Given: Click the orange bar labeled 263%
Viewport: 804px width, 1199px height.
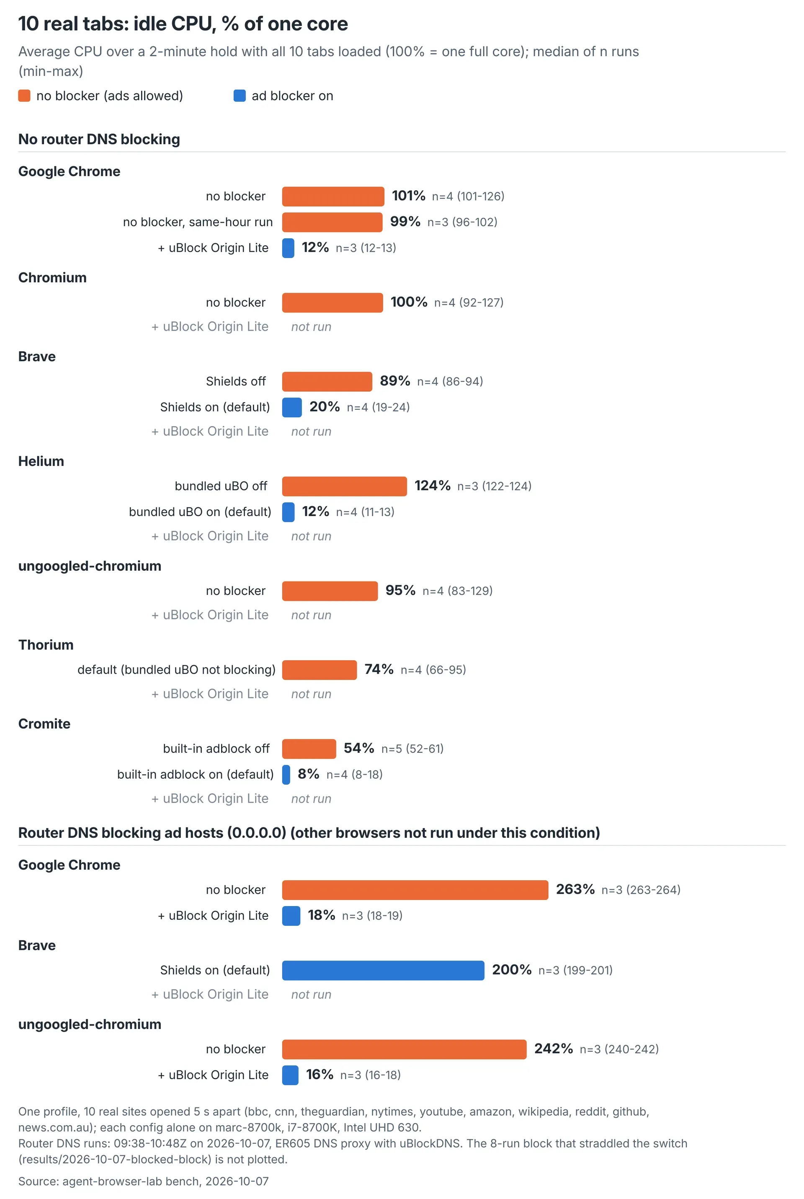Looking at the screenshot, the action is coord(415,890).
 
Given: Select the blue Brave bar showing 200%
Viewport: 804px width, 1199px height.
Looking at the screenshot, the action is coord(383,970).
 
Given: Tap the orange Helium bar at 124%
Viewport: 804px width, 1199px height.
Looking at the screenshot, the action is coord(345,486).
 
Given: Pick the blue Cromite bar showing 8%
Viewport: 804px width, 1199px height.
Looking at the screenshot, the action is coord(286,774).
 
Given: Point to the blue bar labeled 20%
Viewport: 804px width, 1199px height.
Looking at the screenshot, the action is coord(292,407).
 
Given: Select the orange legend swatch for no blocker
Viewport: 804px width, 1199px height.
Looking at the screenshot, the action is coord(24,96).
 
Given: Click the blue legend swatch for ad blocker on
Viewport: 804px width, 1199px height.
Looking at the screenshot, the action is coord(240,96).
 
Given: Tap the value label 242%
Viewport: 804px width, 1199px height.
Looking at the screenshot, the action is coord(553,1049).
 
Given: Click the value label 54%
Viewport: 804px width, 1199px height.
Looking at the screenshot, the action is coord(359,748).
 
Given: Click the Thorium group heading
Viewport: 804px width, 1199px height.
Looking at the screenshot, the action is coord(46,645).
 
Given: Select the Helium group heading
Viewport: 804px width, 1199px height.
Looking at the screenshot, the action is coord(41,461).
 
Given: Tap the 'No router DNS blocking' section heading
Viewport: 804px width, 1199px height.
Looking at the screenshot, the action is coord(99,139).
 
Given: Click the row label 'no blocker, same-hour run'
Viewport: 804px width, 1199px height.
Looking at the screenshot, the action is coord(198,222).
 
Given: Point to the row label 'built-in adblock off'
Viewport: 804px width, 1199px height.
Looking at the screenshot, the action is coord(216,749).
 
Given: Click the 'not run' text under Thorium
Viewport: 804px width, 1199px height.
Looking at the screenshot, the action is coord(311,694).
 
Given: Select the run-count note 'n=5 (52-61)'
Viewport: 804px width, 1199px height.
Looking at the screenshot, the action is coord(412,749).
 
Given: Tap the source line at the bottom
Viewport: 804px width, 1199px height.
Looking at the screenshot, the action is coord(144,1181).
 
